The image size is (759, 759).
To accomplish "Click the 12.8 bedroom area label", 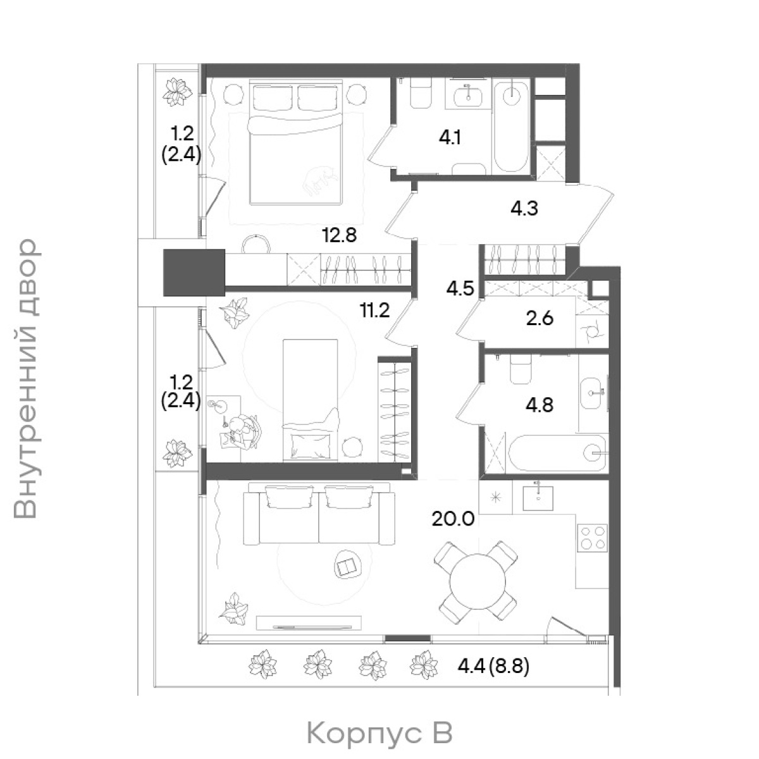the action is [x=339, y=235].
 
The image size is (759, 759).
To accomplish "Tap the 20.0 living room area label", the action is [x=453, y=519].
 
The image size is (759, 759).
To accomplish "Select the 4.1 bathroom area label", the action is [x=450, y=138].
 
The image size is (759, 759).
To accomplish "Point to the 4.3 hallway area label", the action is [x=524, y=208].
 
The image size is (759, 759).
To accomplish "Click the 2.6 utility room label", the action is [x=540, y=318].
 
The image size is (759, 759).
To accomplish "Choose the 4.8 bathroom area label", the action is [x=540, y=405].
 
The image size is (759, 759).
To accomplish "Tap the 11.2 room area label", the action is [x=374, y=311].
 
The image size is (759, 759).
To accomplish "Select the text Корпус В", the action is [x=379, y=732].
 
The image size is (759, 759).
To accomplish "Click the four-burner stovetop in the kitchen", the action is [x=593, y=538].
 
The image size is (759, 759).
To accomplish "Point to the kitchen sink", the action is [x=538, y=498].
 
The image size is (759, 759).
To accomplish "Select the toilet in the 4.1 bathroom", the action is [x=421, y=93].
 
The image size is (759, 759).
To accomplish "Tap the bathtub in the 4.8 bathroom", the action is [x=558, y=453].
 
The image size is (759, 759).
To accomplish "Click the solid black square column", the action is [x=194, y=272].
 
